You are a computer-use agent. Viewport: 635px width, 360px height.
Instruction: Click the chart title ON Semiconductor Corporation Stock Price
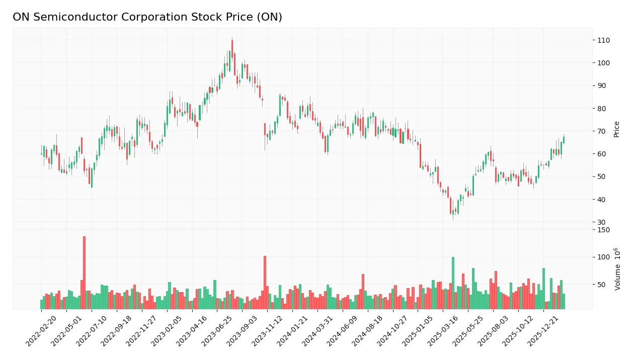pos(147,17)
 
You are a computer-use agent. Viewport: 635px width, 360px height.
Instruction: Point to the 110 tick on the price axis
pos(603,40)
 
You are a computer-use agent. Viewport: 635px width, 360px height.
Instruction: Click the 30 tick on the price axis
pos(602,222)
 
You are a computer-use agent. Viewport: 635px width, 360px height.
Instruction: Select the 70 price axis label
pos(602,131)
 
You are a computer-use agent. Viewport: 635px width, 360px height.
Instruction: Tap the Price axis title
pos(616,129)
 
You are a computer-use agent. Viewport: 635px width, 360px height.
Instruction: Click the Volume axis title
pos(617,269)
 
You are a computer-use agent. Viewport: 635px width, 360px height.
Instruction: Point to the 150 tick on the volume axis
pos(603,230)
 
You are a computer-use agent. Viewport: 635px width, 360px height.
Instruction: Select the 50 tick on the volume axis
pos(602,285)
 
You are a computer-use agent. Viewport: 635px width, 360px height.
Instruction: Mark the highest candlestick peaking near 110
pos(232,51)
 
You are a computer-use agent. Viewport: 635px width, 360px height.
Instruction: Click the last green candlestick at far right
pos(564,140)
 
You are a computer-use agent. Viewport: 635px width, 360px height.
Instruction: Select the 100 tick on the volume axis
pos(603,257)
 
